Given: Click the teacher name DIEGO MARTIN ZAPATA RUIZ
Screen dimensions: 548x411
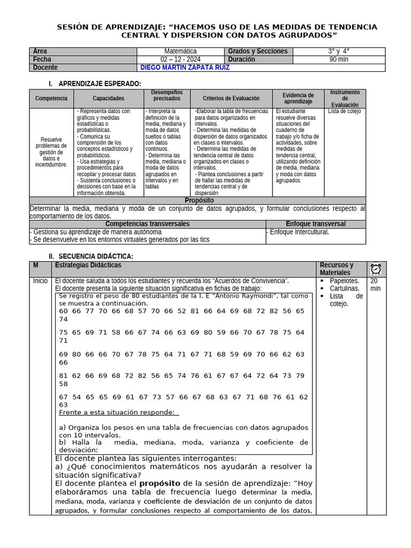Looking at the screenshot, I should [x=185, y=68].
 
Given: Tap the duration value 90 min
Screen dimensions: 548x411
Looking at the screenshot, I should [x=339, y=59].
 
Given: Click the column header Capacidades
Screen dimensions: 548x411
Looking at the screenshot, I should [x=108, y=98].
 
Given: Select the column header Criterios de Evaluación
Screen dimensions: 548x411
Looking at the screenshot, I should [x=231, y=98].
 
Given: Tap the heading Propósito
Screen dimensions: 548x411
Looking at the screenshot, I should [x=199, y=200].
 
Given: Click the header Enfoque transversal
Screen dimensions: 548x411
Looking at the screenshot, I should [x=315, y=224].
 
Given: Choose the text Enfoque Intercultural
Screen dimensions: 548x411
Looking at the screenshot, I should [x=298, y=232].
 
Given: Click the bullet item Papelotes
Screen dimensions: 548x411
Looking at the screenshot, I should [x=344, y=281].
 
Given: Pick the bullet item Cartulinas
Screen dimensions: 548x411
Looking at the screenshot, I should [x=344, y=288].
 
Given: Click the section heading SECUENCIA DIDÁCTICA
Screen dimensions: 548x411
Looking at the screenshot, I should [x=96, y=257].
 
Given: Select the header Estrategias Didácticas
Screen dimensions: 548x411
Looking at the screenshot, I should [x=88, y=265].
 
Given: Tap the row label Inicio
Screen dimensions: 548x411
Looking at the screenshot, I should [x=40, y=281].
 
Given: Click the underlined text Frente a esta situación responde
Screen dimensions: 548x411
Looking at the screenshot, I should [x=117, y=412].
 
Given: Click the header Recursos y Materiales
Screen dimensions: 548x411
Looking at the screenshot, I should [x=337, y=269].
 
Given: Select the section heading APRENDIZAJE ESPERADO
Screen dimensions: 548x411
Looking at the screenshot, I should [x=100, y=84].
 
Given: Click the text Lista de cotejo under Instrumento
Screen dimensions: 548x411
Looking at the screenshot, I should [x=344, y=111].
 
